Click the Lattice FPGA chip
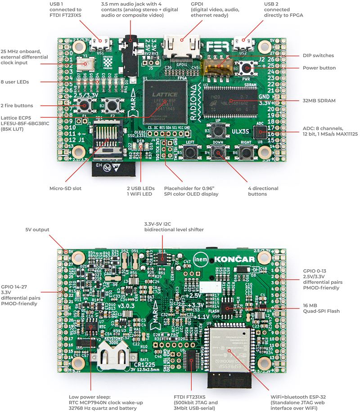165,101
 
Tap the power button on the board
246,68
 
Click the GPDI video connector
182,48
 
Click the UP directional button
219,130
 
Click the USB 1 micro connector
100,44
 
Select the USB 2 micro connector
243,44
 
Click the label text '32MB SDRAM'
314,100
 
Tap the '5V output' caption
37,229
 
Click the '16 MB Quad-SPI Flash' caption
321,307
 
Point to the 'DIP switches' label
318,55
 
